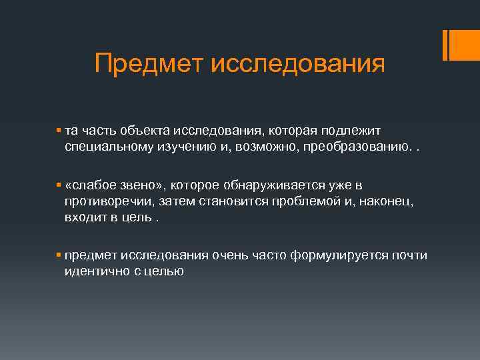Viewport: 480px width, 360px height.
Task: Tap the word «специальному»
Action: (106, 145)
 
